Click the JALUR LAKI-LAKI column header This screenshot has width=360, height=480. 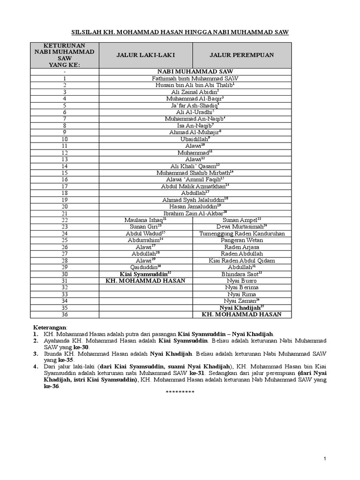pyautogui.click(x=146, y=55)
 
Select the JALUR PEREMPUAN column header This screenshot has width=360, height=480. pyautogui.click(x=242, y=55)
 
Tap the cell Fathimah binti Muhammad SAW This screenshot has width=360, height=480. pyautogui.click(x=195, y=79)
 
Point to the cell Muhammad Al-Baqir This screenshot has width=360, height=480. pyautogui.click(x=195, y=99)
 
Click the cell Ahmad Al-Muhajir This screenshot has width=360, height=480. pyautogui.click(x=195, y=132)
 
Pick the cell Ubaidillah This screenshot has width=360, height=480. pyautogui.click(x=195, y=139)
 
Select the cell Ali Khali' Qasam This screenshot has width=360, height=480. pyautogui.click(x=195, y=166)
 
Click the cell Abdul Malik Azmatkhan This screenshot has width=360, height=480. pyautogui.click(x=195, y=186)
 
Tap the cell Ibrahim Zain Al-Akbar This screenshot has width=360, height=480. pyautogui.click(x=195, y=213)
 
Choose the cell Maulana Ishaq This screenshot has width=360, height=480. pyautogui.click(x=145, y=220)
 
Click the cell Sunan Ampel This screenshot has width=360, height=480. pyautogui.click(x=242, y=220)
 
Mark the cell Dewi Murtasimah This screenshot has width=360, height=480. pyautogui.click(x=242, y=226)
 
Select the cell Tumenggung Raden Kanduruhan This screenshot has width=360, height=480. pyautogui.click(x=242, y=233)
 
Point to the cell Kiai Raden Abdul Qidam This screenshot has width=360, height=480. pyautogui.click(x=242, y=260)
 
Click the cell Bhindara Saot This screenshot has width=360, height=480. pyautogui.click(x=242, y=274)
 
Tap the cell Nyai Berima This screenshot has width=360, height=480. pyautogui.click(x=242, y=287)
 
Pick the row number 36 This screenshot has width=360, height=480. pyautogui.click(x=65, y=314)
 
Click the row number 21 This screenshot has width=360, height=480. pyautogui.click(x=65, y=213)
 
